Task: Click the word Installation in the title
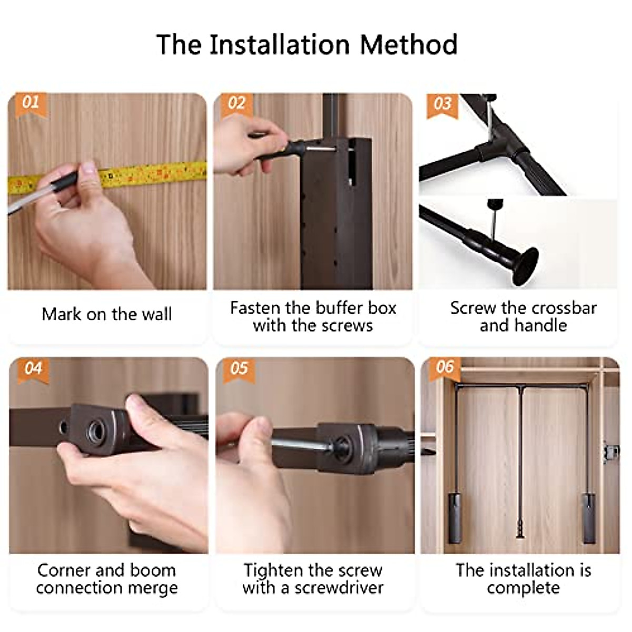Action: (x=280, y=44)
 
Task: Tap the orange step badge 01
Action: (x=31, y=102)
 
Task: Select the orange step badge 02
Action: (x=236, y=103)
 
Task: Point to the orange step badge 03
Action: (x=442, y=103)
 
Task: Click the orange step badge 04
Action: (x=33, y=368)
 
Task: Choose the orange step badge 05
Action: (x=239, y=368)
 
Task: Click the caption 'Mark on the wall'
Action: (x=107, y=314)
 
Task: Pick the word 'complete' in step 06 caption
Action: (x=523, y=588)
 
